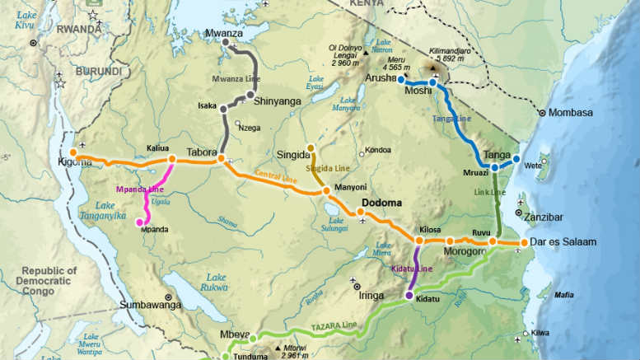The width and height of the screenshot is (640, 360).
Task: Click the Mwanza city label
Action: coord(224,33)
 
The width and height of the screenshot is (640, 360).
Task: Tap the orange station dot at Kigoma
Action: coord(73,152)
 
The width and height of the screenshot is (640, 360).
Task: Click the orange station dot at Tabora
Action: coord(222,158)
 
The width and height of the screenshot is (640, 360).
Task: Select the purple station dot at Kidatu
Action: coord(409,295)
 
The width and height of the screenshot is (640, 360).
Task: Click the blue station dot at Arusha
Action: coord(400,81)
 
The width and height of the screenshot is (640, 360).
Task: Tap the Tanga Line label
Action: coord(451,119)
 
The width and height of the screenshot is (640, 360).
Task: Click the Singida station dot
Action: coord(311,148)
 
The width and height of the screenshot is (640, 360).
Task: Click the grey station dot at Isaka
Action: coord(223,109)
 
